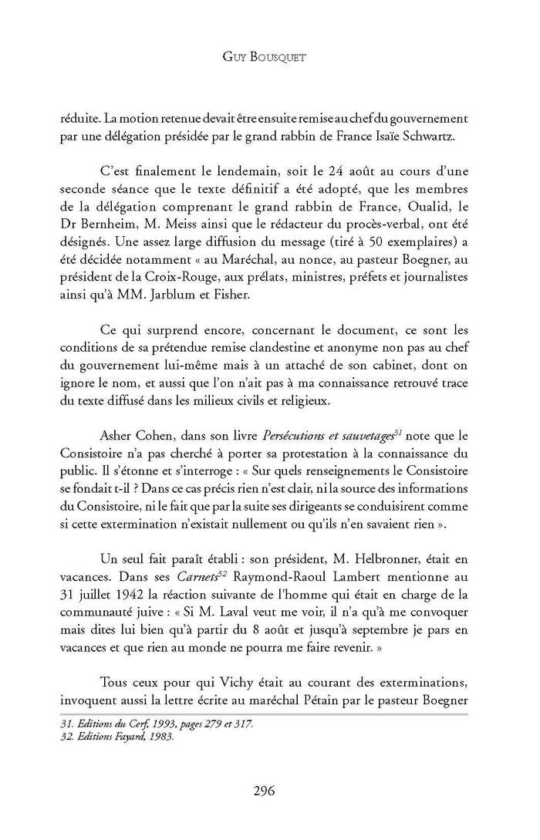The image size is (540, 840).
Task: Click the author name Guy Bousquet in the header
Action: click(269, 57)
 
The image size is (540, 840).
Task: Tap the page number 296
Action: click(269, 790)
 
